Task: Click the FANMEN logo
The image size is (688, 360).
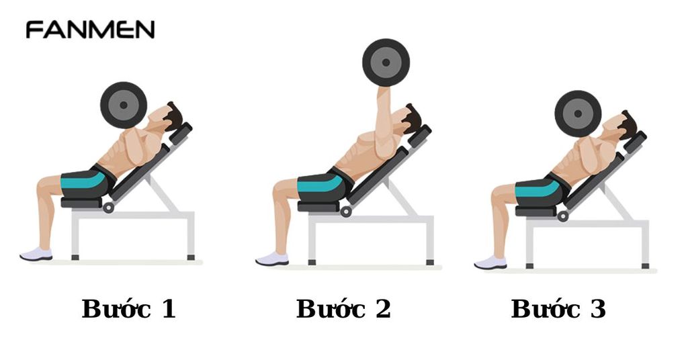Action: point(90,30)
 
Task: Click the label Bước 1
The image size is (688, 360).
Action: point(128,309)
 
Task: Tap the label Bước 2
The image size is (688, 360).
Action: point(343,309)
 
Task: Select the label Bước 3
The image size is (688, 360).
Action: point(558,309)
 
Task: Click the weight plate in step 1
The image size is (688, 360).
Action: point(124,105)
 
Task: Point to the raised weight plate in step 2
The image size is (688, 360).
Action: point(386,62)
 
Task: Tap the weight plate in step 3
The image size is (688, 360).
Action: point(578,114)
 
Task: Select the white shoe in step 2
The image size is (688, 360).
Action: point(272,259)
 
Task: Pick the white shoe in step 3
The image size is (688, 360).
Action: point(490,263)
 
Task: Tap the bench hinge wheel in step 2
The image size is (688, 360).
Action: point(346,211)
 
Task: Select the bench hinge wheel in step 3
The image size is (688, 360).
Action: point(562,216)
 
